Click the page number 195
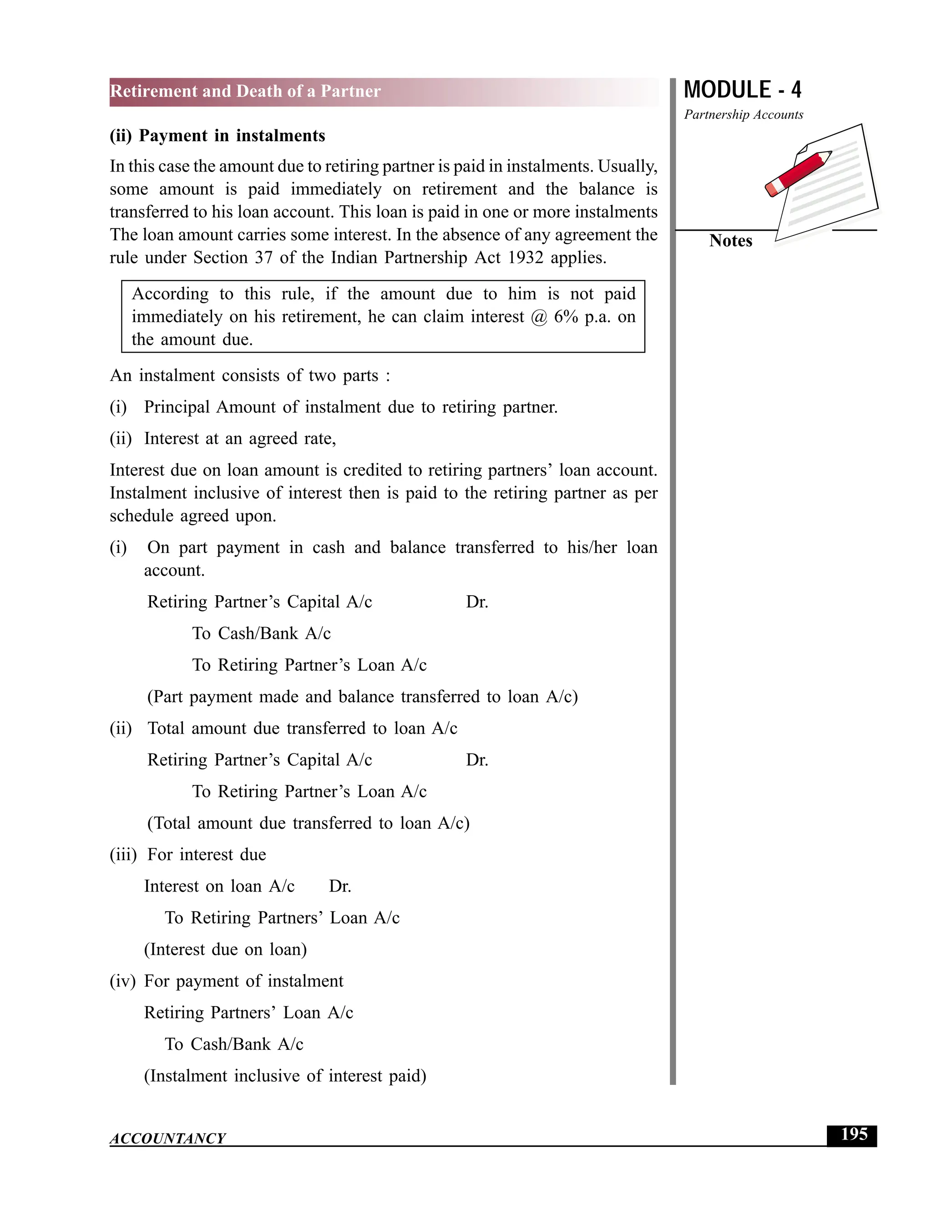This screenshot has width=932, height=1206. click(854, 1134)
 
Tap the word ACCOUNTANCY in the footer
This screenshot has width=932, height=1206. click(168, 1139)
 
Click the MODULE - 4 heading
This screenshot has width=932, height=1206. click(742, 90)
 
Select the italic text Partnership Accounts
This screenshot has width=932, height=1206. click(743, 115)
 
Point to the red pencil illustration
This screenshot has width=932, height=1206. click(798, 173)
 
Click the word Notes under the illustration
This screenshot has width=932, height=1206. click(730, 241)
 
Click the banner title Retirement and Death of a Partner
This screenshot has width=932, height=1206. click(245, 91)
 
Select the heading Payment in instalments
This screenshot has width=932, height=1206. click(232, 136)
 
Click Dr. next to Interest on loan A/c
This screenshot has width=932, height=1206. click(340, 886)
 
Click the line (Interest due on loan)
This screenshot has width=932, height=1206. click(225, 949)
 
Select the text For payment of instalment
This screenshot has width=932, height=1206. click(243, 981)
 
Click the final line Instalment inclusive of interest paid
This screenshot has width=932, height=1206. click(285, 1076)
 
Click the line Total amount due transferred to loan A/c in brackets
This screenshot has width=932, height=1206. click(308, 823)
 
